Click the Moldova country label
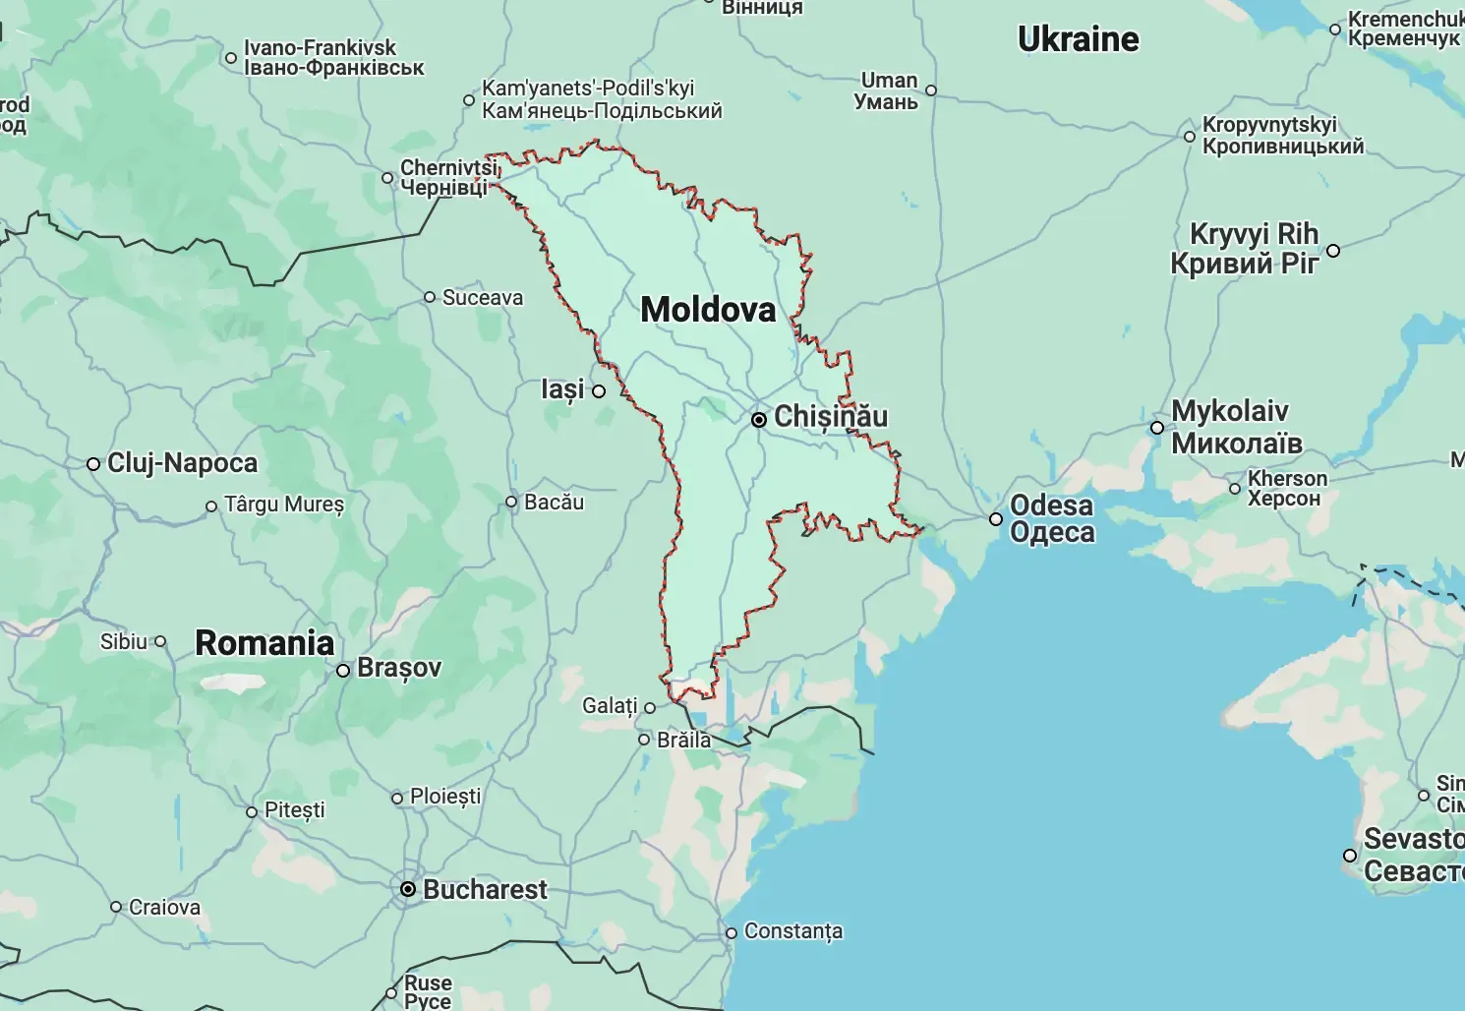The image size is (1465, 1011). tap(708, 310)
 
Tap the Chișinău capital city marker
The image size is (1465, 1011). tap(759, 420)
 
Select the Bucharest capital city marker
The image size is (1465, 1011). tap(408, 889)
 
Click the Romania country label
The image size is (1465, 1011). tap(264, 643)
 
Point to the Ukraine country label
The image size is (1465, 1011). tap(1078, 39)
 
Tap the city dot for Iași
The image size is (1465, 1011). tap(599, 391)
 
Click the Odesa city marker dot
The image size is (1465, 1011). tap(996, 519)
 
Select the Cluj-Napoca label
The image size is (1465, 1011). tap(182, 463)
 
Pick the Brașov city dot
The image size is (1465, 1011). tap(343, 671)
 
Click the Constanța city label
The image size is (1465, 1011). tap(793, 931)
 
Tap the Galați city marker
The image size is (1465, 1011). tap(650, 707)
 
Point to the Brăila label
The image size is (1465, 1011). tap(683, 740)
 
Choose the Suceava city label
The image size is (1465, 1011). tap(482, 298)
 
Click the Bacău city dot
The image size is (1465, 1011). tap(511, 503)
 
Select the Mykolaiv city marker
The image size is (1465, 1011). tap(1157, 428)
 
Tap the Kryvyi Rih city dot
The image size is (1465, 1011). tap(1333, 251)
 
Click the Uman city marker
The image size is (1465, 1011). tap(931, 90)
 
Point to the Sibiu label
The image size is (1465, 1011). tap(124, 642)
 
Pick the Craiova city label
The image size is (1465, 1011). tap(164, 908)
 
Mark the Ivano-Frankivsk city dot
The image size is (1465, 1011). tap(231, 58)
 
